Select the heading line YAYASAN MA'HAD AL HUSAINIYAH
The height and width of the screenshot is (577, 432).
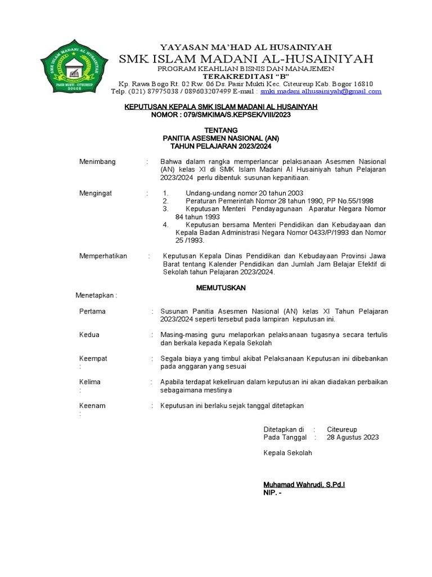tap(246, 47)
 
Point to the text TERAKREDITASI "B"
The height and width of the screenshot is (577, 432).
tap(245, 76)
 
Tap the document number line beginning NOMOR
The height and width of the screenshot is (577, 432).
tap(221, 114)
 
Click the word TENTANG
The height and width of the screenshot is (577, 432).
tap(220, 130)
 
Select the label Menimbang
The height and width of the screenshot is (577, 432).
tap(97, 162)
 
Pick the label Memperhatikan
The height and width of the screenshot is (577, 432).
tap(103, 256)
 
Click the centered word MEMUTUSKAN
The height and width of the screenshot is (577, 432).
tap(220, 287)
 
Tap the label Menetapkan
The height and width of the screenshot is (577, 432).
tap(96, 295)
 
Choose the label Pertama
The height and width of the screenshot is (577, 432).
tap(93, 312)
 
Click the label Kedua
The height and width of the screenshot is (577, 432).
tap(90, 335)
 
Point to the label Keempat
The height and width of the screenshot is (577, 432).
tap(93, 358)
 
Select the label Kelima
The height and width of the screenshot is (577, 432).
tap(90, 382)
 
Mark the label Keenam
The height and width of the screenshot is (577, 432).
tap(92, 406)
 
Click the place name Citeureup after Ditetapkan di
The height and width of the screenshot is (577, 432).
tap(342, 429)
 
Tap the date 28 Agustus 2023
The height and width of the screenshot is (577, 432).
tap(353, 437)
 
